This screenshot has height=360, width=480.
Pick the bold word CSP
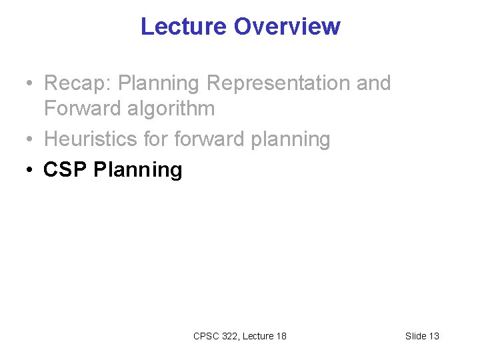click(65, 169)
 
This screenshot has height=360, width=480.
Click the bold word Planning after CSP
click(137, 169)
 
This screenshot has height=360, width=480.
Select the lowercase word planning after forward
click(290, 139)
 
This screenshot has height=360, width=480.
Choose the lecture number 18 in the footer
click(281, 336)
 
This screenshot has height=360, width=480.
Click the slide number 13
click(433, 336)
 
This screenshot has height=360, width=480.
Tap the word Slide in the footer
click(415, 336)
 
